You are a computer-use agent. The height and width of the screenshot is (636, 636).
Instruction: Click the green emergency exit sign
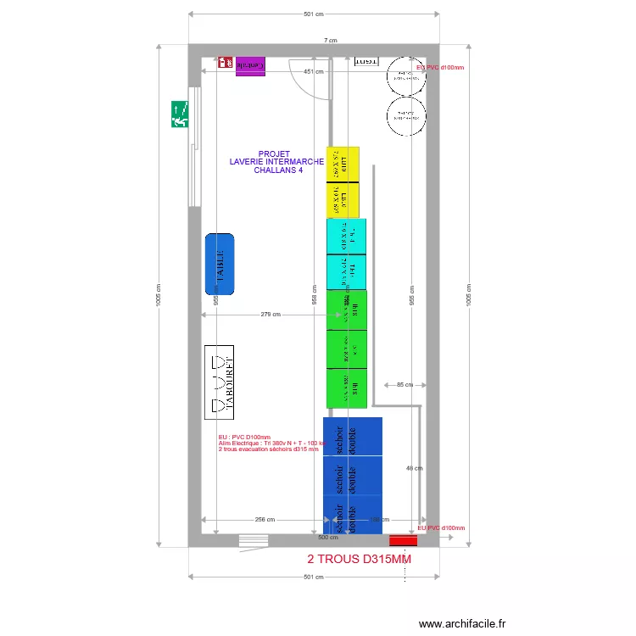pos(180,114)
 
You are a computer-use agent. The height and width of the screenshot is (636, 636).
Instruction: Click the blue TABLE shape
pos(220,265)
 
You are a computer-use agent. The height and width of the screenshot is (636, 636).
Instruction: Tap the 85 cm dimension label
pos(404,385)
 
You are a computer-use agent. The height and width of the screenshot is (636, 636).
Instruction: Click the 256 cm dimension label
pos(265,519)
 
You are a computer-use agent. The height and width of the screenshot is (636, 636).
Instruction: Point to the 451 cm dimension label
pos(314,72)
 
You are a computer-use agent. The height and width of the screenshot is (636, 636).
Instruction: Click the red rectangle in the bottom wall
pos(404,540)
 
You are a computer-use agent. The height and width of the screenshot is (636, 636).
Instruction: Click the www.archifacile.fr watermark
pos(462,623)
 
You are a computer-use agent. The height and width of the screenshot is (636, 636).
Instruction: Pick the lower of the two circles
pos(406,115)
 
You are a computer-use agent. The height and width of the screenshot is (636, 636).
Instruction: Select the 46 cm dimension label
pos(414,467)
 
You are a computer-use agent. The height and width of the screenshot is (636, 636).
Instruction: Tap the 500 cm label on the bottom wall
pos(323,538)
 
